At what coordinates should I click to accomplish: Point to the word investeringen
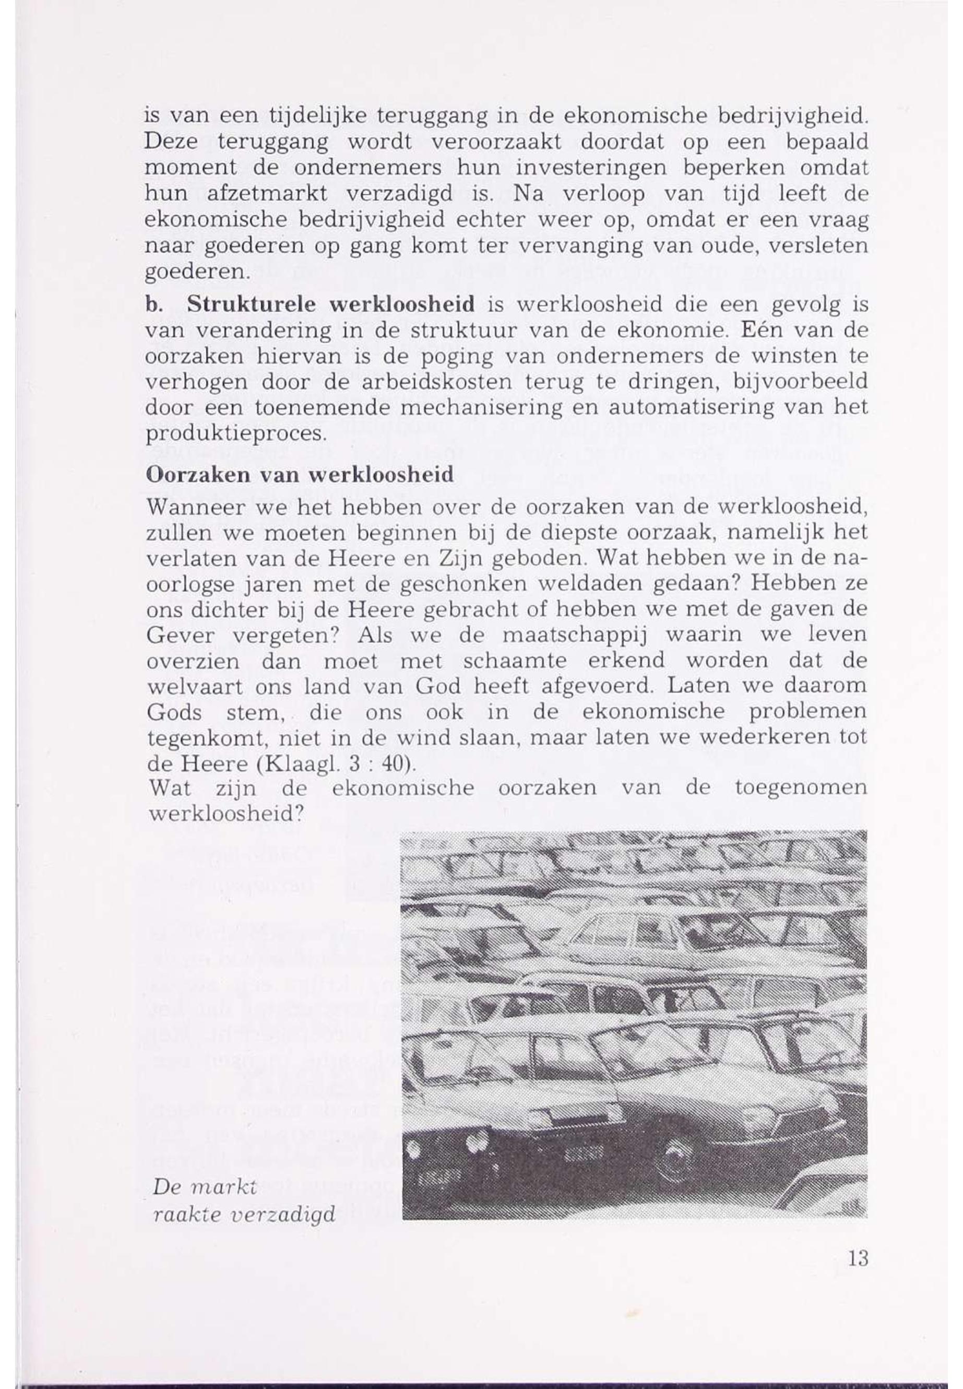point(597,167)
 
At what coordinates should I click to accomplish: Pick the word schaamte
point(515,661)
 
